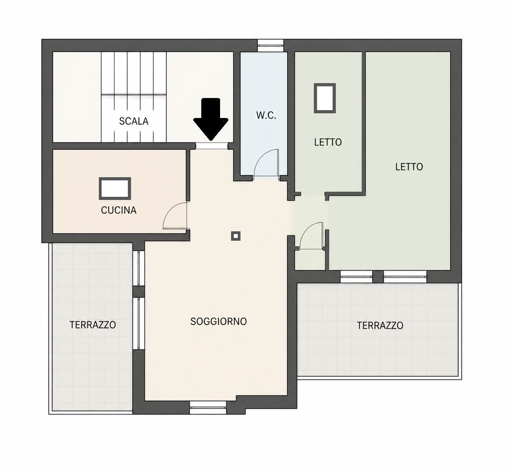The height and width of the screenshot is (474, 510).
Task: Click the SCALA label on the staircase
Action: coord(134,121)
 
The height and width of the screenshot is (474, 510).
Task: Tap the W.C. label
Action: coord(266,116)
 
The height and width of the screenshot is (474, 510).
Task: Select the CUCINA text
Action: coord(118,210)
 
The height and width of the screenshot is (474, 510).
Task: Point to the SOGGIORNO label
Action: coord(219,321)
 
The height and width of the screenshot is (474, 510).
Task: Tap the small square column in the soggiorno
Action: coord(236,236)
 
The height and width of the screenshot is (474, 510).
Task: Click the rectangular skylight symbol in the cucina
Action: coord(115,188)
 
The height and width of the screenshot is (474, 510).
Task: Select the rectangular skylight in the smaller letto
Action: coord(325,98)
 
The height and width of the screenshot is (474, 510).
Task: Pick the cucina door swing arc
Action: coord(169,209)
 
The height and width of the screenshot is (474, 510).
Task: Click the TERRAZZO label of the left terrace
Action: coord(93,325)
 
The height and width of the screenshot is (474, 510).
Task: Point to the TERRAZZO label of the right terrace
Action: coord(380,326)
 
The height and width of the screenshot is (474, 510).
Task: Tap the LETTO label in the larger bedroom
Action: coord(409,167)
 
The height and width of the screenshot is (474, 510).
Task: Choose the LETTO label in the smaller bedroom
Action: coord(328,142)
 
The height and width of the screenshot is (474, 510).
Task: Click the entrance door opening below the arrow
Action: coord(211,146)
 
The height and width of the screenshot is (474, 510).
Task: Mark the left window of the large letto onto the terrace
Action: coord(356,277)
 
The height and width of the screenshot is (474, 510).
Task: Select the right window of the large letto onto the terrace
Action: coord(405,277)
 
